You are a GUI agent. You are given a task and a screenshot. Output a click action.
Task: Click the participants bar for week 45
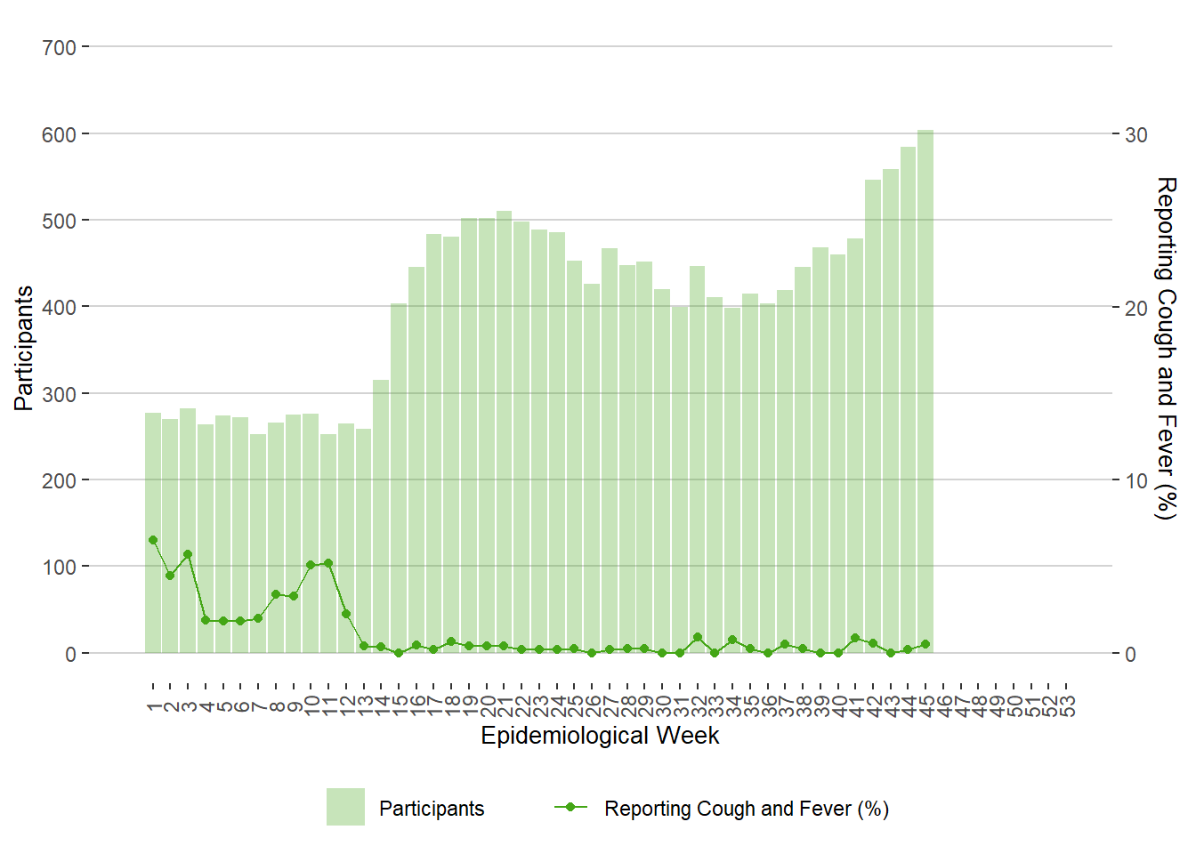925,391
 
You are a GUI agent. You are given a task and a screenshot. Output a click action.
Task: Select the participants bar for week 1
153,533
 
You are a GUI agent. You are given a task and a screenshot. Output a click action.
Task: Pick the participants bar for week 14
381,516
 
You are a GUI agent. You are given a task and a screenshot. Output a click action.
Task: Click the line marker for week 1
153,540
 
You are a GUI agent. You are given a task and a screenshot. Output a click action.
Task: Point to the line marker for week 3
188,554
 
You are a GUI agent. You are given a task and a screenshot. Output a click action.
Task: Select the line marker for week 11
328,563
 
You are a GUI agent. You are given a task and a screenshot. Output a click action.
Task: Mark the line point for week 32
698,637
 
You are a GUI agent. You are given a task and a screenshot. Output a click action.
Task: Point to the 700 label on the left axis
60,47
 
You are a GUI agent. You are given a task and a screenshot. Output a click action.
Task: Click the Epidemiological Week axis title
600,736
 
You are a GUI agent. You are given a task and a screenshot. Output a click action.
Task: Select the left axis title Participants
24,348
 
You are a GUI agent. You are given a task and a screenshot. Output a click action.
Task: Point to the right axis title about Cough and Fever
1166,348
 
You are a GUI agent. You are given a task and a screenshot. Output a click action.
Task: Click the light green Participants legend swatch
345,807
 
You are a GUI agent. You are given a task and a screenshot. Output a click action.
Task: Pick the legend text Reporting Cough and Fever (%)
747,809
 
